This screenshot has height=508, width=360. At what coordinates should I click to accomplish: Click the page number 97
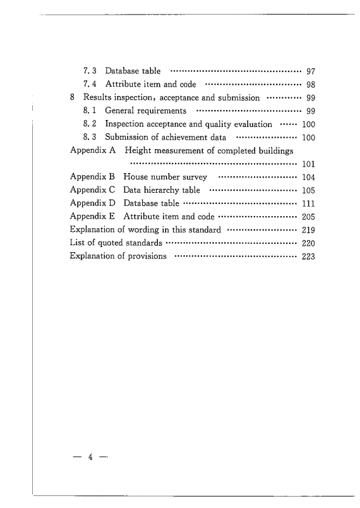[311, 71]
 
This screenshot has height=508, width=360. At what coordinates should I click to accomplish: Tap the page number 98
[311, 84]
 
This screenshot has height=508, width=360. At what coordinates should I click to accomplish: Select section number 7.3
[90, 71]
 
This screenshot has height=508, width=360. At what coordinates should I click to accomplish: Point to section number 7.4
[90, 84]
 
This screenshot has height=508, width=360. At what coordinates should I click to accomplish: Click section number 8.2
[90, 124]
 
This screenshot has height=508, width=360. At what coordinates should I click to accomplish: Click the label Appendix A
[92, 151]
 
